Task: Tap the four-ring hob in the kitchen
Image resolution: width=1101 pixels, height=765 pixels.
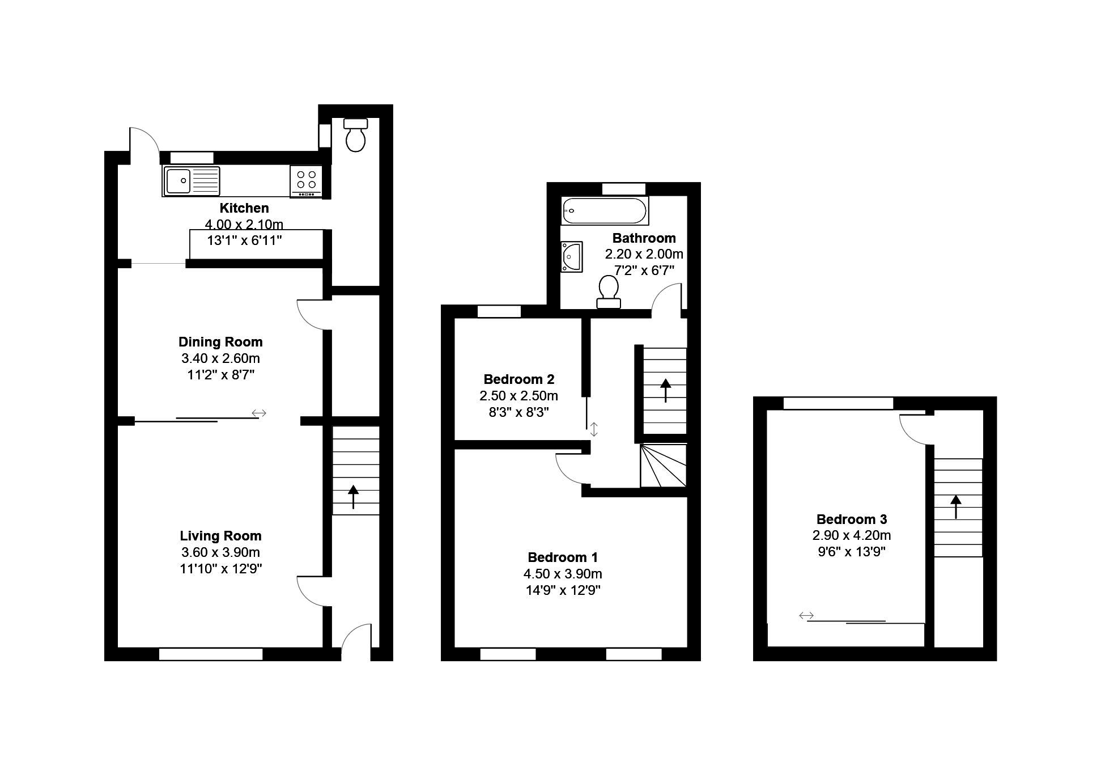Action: click(307, 180)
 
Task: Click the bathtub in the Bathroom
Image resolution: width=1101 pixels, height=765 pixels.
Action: click(604, 211)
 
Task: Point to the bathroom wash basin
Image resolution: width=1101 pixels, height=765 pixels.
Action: click(571, 257)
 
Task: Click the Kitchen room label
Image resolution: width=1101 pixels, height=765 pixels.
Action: click(244, 208)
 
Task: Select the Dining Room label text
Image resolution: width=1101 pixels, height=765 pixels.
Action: click(220, 342)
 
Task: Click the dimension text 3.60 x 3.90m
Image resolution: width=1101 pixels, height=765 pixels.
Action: click(220, 552)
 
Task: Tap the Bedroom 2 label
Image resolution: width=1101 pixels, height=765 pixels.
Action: click(518, 379)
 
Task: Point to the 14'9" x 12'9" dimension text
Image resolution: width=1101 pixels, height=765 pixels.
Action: click(563, 590)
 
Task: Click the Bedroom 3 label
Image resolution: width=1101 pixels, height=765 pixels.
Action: click(851, 519)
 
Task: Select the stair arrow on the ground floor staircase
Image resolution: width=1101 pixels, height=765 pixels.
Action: click(354, 497)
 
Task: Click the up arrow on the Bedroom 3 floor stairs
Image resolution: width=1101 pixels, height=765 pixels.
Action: click(956, 506)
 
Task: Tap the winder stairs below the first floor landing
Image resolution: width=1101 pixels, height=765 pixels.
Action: click(664, 466)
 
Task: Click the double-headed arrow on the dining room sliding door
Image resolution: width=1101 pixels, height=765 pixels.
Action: click(259, 413)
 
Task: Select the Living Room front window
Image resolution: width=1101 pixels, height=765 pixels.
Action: click(211, 654)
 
